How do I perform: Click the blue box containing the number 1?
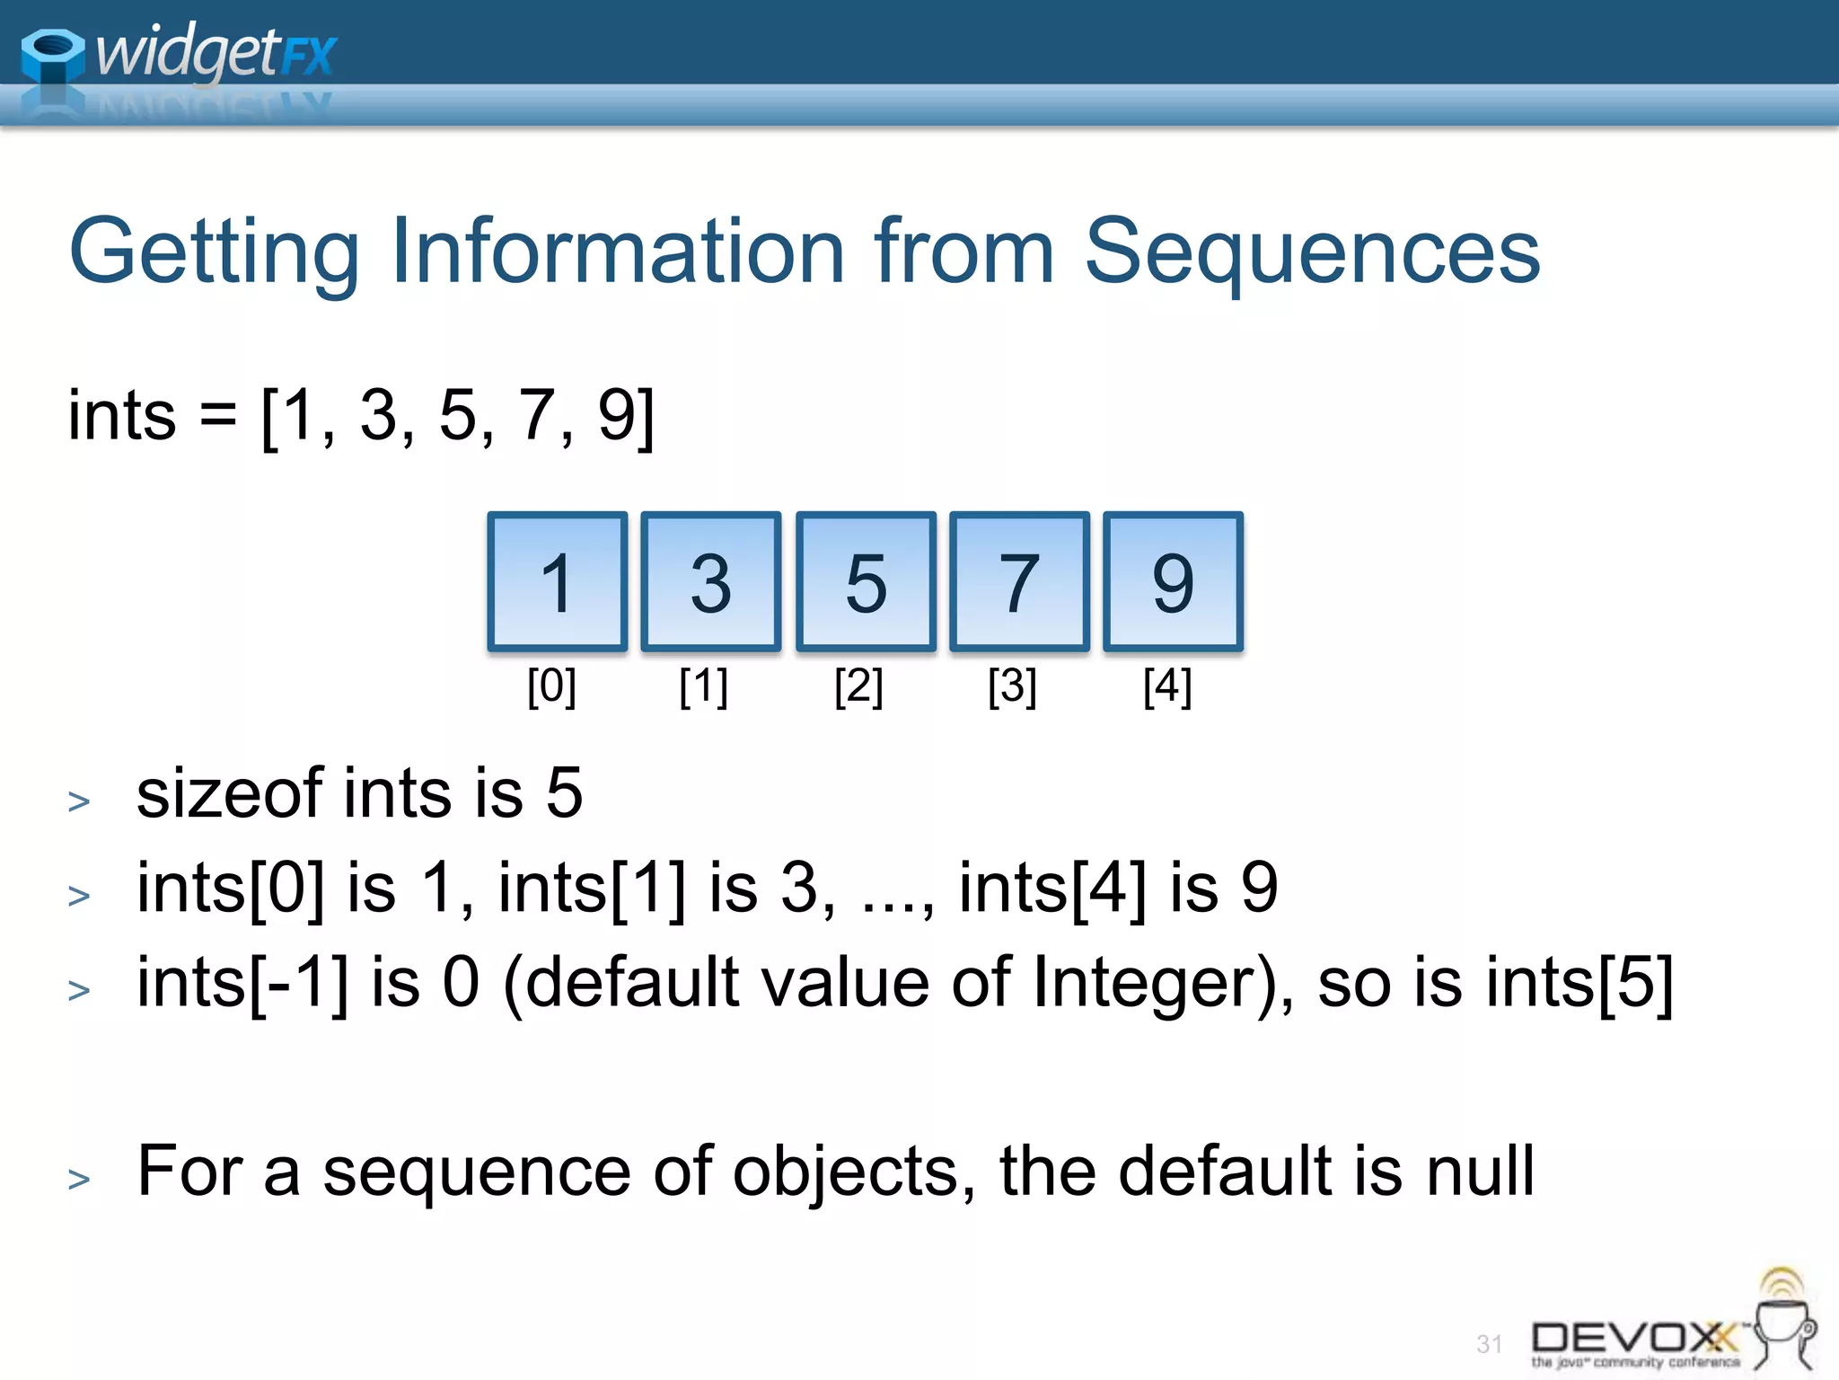point(557,582)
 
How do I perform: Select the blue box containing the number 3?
point(711,582)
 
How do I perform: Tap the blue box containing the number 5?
point(866,582)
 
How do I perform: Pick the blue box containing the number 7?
point(1019,582)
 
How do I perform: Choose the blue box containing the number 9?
point(1173,582)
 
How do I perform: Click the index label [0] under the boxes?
point(551,686)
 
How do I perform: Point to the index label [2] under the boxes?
point(858,686)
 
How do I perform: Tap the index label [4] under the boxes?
point(1167,686)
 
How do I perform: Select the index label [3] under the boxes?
point(1012,686)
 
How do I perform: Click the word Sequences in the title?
point(1312,252)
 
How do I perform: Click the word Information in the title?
point(618,252)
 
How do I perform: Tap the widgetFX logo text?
point(216,52)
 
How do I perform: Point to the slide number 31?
point(1489,1344)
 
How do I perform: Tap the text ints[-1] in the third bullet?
point(242,983)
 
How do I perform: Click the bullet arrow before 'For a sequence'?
point(79,1178)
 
